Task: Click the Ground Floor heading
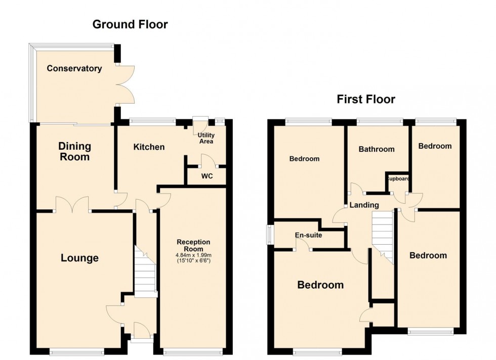coord(130,24)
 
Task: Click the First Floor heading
coord(366,99)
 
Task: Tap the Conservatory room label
coord(74,68)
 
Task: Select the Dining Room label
coord(74,152)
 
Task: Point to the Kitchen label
coord(149,147)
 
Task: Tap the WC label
coord(206,176)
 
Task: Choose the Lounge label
coord(79,258)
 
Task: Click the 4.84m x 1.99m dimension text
coord(193,255)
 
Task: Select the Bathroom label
coord(377,149)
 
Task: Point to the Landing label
coord(364,205)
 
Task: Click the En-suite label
coord(309,235)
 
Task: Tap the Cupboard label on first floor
coord(398,179)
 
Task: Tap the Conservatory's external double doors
coord(126,84)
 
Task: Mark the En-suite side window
coord(270,234)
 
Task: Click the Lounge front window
coord(77,352)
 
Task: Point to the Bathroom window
coord(380,121)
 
